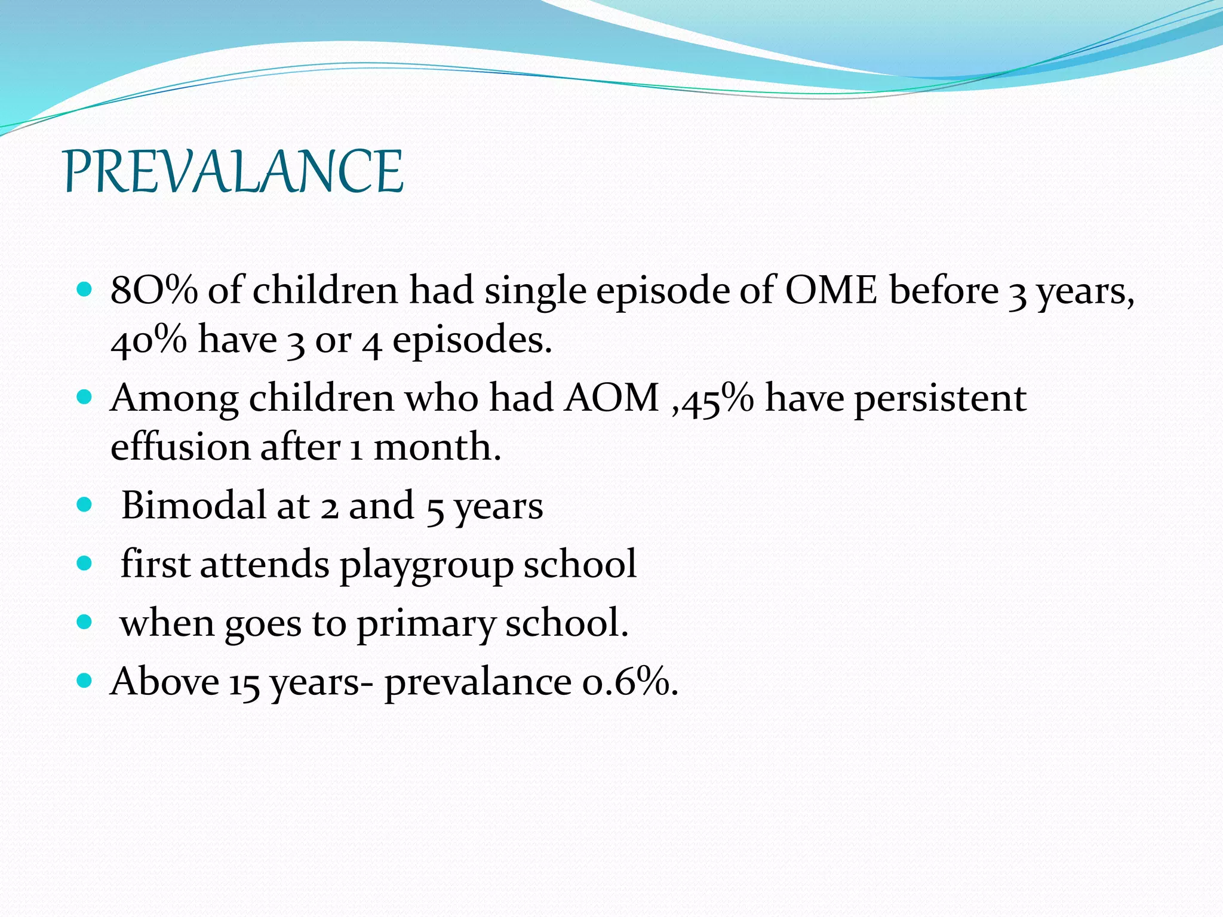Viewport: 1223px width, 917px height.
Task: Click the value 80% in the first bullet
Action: pyautogui.click(x=153, y=291)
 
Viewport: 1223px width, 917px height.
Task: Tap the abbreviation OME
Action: pyautogui.click(x=831, y=291)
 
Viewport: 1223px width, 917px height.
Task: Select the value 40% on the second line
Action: pyautogui.click(x=149, y=340)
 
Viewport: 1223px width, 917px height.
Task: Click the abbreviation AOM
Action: pyautogui.click(x=611, y=398)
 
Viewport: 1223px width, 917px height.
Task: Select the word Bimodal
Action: pyautogui.click(x=193, y=506)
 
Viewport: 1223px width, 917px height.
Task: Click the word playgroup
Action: pyautogui.click(x=426, y=564)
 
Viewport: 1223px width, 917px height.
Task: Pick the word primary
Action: pyautogui.click(x=426, y=624)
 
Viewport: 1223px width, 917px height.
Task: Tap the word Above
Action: pyautogui.click(x=165, y=681)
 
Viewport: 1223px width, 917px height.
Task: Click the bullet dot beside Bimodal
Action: pyautogui.click(x=85, y=505)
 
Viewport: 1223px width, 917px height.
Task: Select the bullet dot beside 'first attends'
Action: pyautogui.click(x=85, y=564)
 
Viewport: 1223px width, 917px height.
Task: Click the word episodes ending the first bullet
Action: pyautogui.click(x=472, y=340)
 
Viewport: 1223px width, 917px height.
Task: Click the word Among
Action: pyautogui.click(x=174, y=398)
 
